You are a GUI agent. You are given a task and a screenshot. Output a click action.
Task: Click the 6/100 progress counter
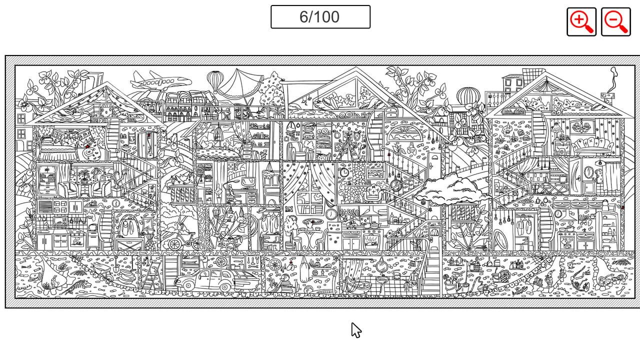[320, 17]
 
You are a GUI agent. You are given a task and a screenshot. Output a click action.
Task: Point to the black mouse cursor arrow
[355, 330]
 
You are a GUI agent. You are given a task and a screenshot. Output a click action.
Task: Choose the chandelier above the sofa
[583, 124]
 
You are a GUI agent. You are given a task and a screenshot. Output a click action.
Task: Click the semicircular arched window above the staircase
[405, 134]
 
